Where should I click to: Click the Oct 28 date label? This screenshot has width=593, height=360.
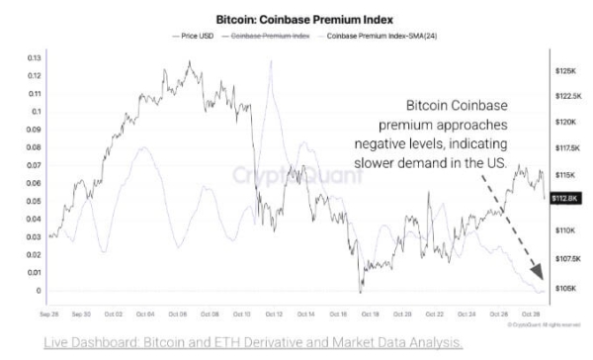529,313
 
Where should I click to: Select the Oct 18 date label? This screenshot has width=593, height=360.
369,313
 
